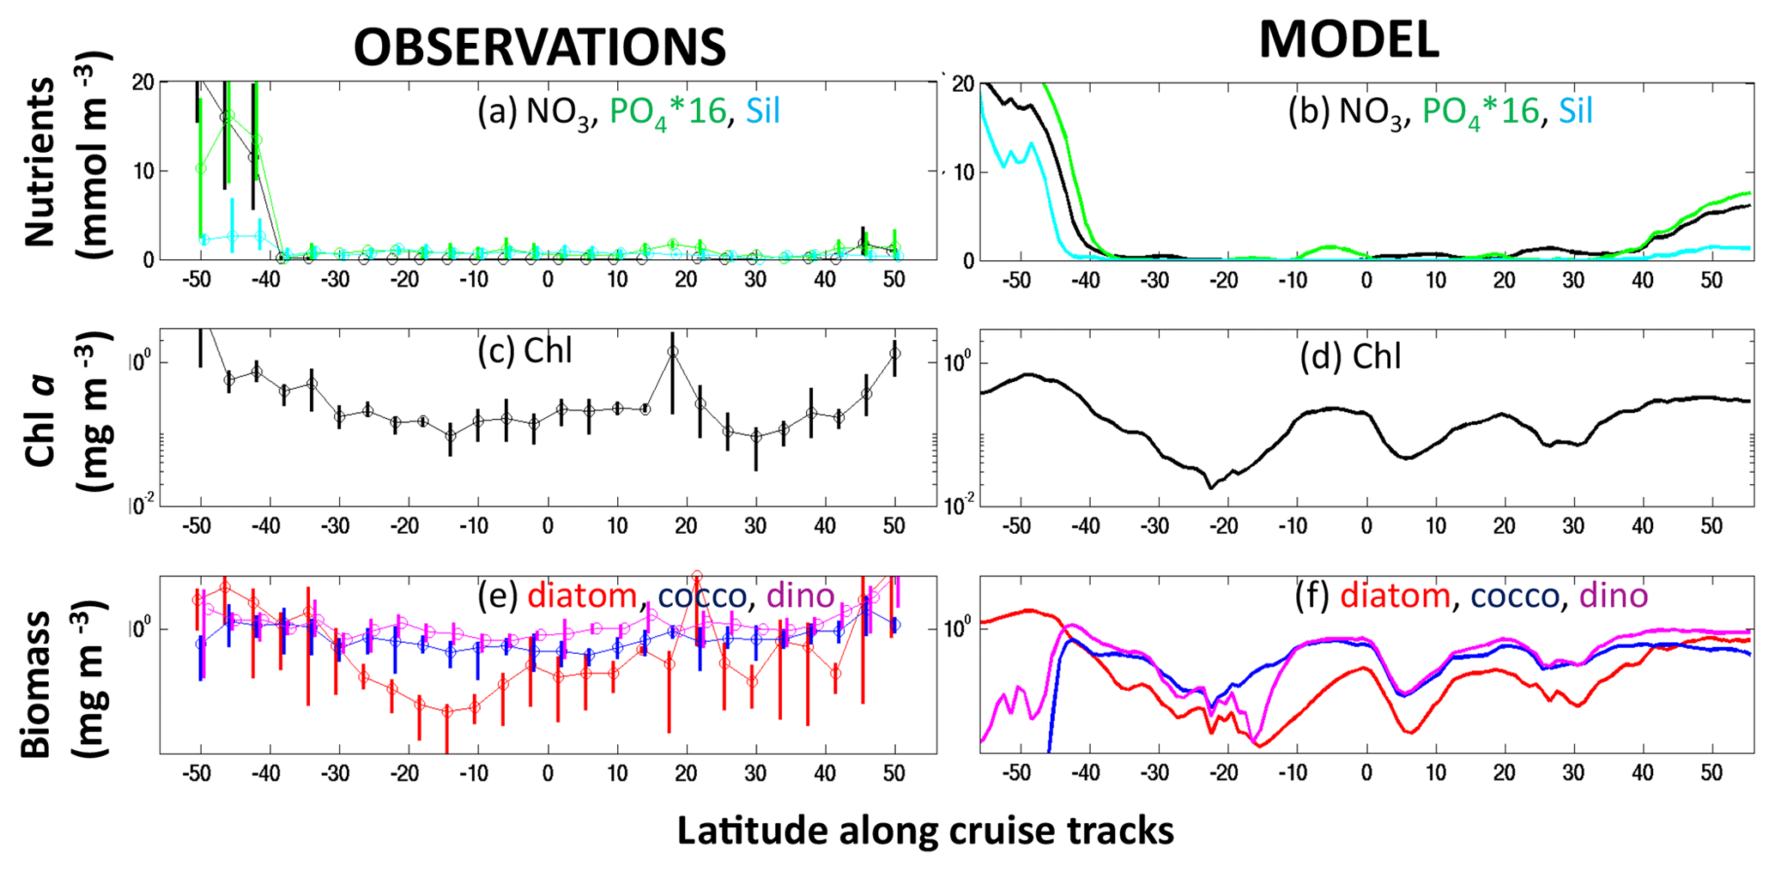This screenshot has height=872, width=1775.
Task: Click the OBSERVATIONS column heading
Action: pos(539,46)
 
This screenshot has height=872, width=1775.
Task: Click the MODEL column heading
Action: pos(1348,39)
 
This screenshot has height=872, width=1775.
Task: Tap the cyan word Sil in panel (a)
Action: pos(763,112)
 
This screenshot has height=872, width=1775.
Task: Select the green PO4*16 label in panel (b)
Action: pos(1480,112)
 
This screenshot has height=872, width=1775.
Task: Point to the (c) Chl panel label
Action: pos(525,351)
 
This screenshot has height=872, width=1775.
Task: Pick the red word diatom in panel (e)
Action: pos(582,596)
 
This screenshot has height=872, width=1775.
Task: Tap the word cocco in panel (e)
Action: pos(701,596)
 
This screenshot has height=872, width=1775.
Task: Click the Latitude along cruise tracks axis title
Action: pos(925,830)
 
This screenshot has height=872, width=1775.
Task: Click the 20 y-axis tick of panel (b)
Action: pos(963,84)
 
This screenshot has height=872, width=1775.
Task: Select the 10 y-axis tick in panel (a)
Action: pos(143,171)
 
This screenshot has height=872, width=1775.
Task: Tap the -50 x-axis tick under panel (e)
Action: pos(197,773)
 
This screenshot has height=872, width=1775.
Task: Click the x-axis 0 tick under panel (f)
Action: pos(1366,773)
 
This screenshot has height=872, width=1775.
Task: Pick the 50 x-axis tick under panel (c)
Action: pos(894,526)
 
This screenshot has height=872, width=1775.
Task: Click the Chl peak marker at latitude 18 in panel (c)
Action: pos(673,351)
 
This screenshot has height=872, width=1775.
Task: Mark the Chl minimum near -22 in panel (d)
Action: pos(1211,487)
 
